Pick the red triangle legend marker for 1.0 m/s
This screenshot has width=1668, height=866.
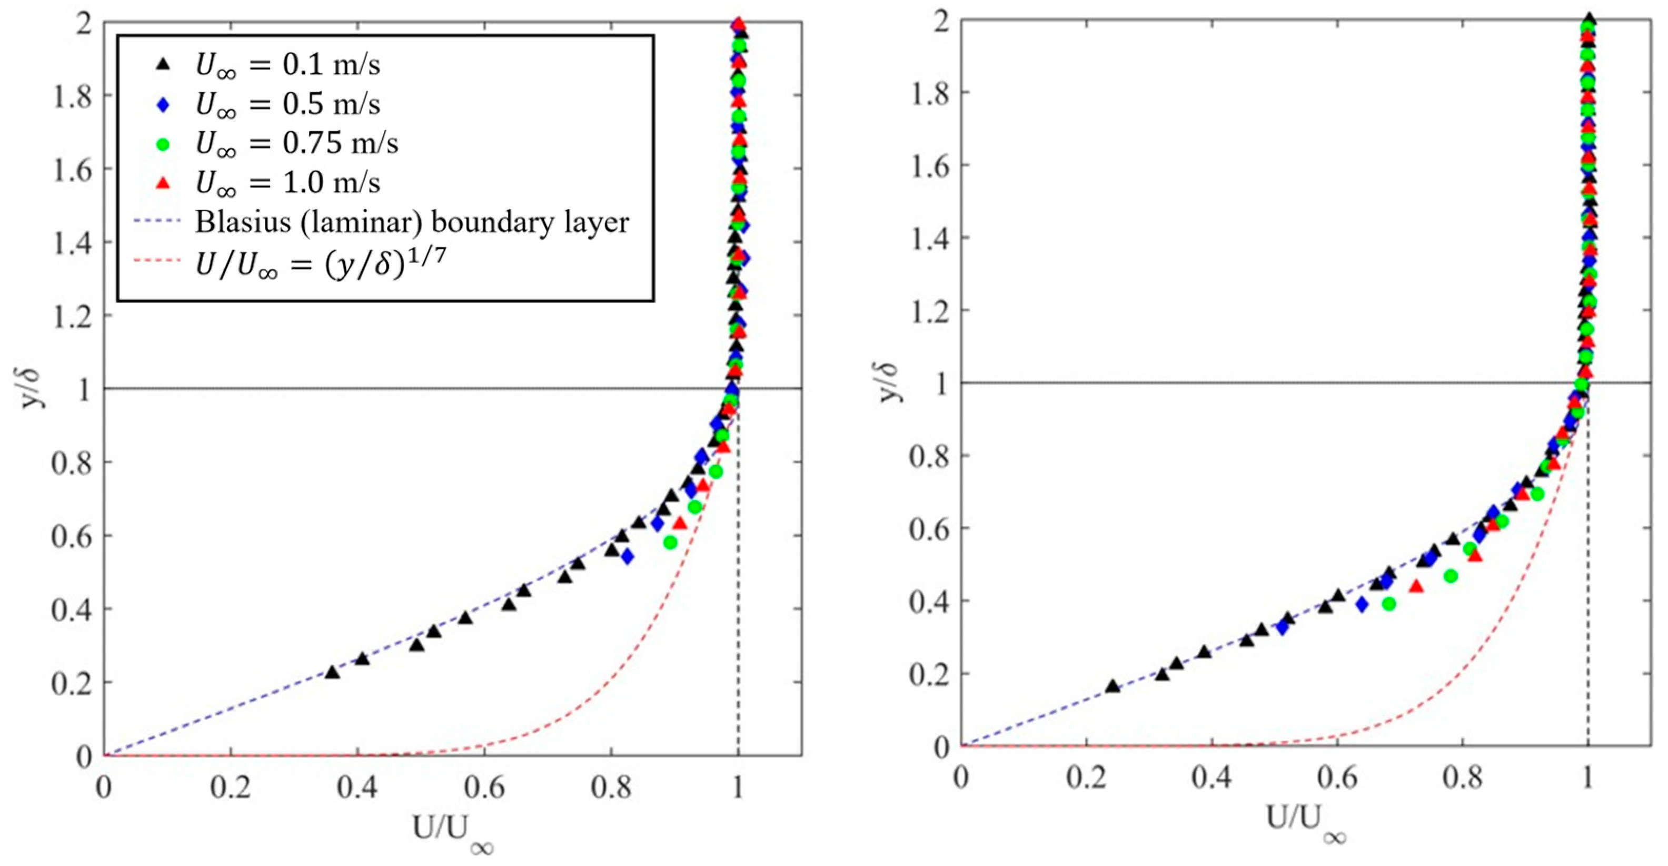(x=164, y=183)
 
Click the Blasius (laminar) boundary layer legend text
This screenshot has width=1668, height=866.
(x=412, y=222)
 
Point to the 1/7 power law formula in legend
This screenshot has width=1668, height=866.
(x=321, y=263)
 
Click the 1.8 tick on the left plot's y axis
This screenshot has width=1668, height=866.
(x=72, y=95)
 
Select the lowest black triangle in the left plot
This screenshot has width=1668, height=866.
(x=332, y=672)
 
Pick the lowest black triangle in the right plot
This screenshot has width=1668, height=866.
(x=1113, y=686)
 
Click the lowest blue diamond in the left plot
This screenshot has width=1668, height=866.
(x=627, y=556)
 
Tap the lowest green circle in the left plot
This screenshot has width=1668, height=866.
(x=670, y=542)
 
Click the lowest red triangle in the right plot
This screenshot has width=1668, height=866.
(x=1416, y=586)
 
